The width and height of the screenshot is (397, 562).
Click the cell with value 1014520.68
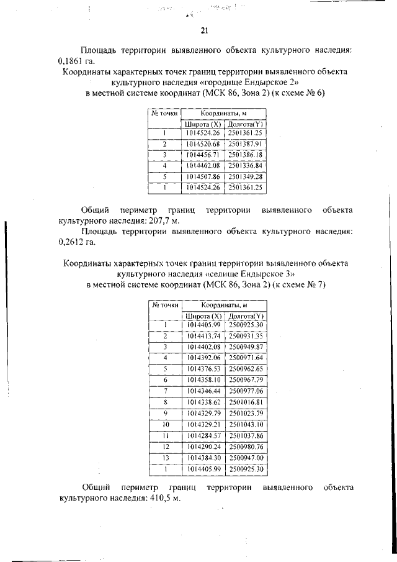(x=203, y=143)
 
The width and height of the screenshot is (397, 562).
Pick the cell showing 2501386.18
(x=246, y=155)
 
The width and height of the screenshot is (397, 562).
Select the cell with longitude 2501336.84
(x=246, y=166)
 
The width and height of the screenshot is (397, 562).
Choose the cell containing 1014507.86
(x=203, y=176)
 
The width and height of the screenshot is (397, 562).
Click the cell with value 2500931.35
(x=246, y=336)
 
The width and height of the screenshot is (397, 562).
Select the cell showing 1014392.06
(x=203, y=358)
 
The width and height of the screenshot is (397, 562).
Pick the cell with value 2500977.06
(x=246, y=391)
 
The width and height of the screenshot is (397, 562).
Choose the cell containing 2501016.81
(x=246, y=402)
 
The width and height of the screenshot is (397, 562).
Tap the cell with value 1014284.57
(x=203, y=435)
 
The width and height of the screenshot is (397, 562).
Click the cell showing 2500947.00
(x=246, y=458)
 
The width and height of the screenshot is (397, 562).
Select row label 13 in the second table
(x=166, y=458)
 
